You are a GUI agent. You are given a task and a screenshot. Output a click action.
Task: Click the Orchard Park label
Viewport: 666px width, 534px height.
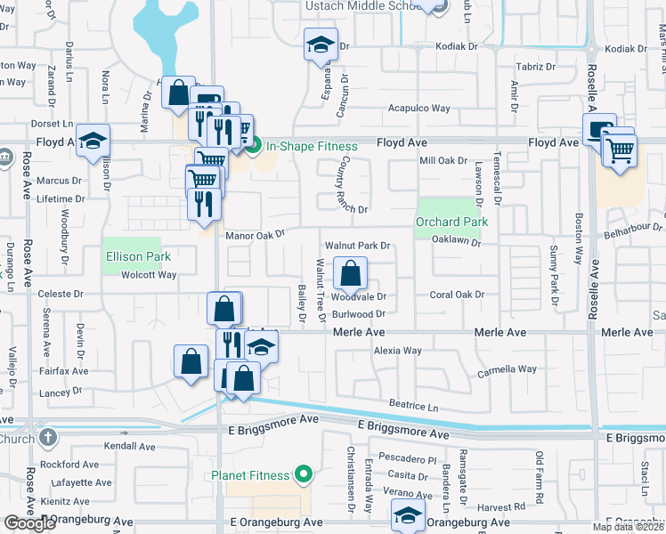451,222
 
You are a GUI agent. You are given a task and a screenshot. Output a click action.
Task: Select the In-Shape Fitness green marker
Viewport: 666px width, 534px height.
254,146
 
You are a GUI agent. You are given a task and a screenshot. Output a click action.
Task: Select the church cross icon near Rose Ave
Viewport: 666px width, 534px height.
47,438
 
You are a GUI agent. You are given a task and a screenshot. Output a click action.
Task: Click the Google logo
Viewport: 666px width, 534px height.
28,523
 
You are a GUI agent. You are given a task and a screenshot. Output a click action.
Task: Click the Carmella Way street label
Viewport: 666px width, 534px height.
508,369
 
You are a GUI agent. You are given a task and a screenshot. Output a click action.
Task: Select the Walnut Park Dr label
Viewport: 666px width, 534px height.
358,245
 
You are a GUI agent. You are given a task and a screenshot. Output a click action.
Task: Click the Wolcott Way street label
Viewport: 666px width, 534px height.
149,275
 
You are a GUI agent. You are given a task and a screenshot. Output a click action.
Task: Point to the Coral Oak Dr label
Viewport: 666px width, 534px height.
457,295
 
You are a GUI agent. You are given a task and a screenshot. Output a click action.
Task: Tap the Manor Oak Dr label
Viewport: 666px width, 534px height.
254,235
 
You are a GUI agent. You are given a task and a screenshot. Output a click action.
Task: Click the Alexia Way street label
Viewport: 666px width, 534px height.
397,351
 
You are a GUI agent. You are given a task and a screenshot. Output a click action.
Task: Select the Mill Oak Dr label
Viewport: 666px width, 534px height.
443,161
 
